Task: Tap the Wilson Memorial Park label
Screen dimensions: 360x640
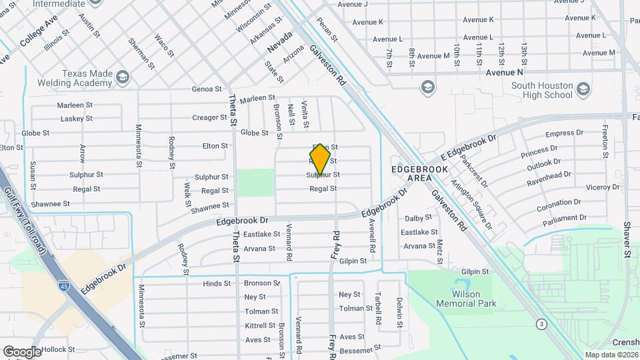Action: [467, 298]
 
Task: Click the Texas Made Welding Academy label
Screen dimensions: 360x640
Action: [87, 78]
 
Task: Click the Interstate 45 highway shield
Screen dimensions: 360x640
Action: [63, 286]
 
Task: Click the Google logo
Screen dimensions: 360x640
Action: [21, 351]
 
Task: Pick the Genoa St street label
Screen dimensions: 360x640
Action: [206, 89]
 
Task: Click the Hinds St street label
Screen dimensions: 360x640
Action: [217, 283]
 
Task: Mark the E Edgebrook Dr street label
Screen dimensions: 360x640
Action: [469, 149]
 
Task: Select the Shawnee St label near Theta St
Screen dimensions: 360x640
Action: [210, 206]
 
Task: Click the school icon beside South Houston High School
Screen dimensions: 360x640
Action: [583, 89]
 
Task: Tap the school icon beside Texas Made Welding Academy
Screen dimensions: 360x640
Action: [123, 78]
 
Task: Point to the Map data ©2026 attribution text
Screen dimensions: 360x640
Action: [611, 355]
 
